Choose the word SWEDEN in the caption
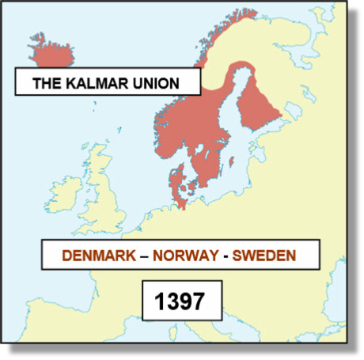(258, 256)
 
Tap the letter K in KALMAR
(72, 82)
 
